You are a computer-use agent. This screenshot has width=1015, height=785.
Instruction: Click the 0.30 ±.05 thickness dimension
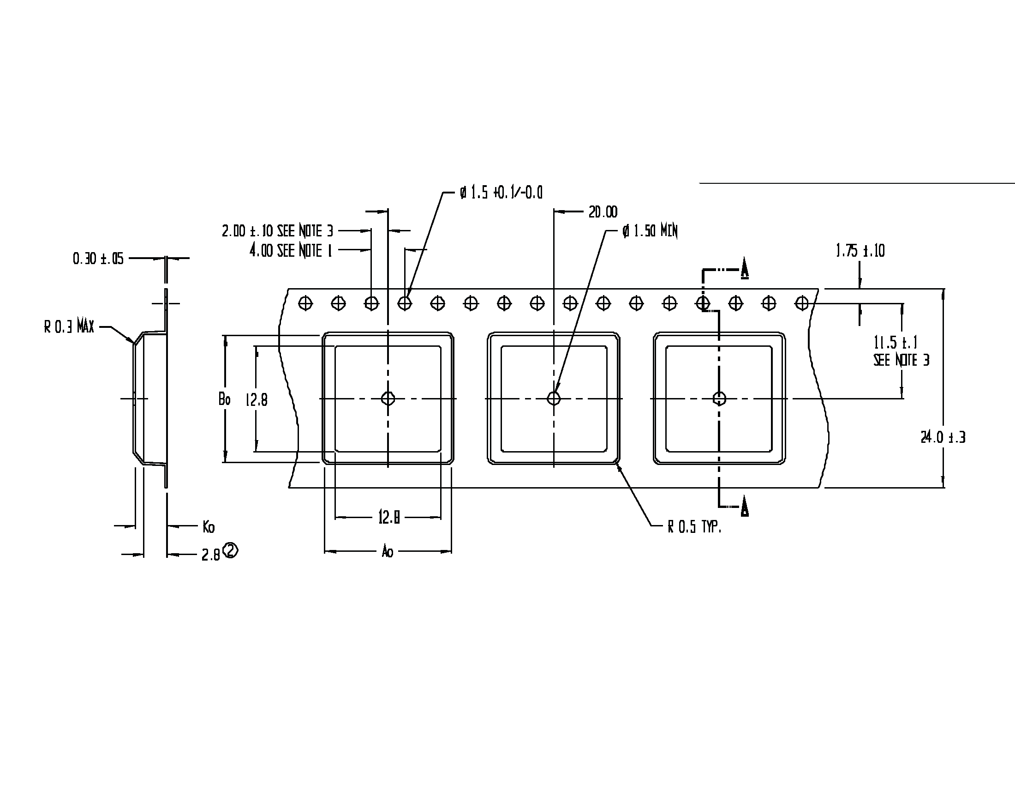98,259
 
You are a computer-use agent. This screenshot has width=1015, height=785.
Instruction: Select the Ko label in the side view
209,527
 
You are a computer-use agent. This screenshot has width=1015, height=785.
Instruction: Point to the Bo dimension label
225,399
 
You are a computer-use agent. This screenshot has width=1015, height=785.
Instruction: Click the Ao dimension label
388,552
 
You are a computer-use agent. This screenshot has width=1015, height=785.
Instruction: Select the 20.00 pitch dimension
603,212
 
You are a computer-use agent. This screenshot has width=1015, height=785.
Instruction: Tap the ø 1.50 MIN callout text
650,231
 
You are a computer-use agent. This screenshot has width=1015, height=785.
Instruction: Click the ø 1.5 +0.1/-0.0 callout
501,193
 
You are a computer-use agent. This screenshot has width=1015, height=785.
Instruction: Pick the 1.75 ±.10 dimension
860,251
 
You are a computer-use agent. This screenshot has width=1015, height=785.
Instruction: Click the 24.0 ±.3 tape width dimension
943,438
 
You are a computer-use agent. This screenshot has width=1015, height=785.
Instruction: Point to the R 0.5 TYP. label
694,527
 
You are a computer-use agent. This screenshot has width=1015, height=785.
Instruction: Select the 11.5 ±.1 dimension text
896,343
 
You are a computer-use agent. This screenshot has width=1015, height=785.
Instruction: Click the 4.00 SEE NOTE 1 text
291,251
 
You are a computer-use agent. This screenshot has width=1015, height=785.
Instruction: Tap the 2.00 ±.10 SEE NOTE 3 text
277,231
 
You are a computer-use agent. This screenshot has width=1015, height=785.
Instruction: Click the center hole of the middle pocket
554,399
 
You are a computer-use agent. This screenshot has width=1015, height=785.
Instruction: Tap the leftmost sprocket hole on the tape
305,304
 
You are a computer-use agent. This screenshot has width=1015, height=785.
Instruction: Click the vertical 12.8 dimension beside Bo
257,399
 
